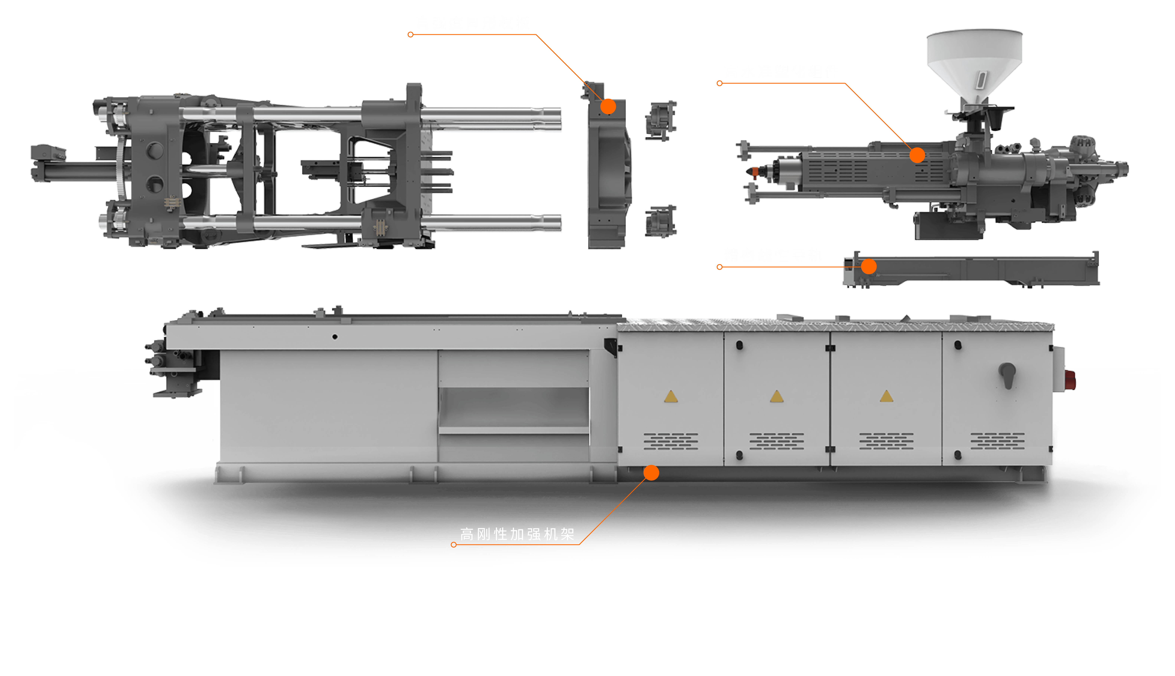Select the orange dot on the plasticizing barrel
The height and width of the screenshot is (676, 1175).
pyautogui.click(x=917, y=155)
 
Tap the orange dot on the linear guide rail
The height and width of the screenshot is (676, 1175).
pyautogui.click(x=869, y=266)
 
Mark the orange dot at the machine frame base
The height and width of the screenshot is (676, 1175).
pyautogui.click(x=651, y=473)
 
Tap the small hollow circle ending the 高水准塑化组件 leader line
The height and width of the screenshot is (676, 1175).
pyautogui.click(x=719, y=84)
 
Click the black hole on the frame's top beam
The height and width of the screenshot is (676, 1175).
pyautogui.click(x=335, y=337)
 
